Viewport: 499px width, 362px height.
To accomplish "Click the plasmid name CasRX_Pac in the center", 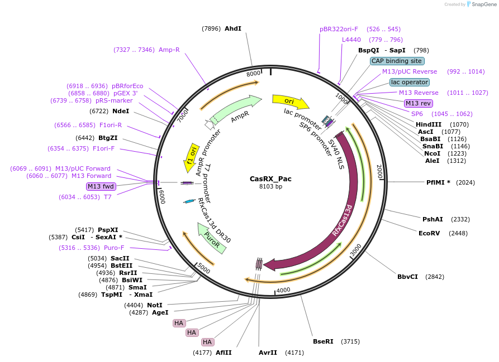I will pos(270,179).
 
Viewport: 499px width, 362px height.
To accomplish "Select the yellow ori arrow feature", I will pos(290,102).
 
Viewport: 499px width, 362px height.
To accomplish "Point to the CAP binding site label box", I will pos(397,61).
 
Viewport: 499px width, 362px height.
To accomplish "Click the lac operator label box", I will pos(410,82).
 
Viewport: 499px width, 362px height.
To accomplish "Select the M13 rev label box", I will pos(418,103).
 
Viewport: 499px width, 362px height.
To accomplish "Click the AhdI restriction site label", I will pos(232,28).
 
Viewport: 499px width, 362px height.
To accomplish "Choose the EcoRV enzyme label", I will pos(429,233).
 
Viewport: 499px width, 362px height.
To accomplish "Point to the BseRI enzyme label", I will pos(323,341).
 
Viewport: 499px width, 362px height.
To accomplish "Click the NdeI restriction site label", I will pos(121,111).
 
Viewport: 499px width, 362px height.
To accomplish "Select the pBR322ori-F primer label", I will pos(339,29).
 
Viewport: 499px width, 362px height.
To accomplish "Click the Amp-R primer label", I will pos(169,50).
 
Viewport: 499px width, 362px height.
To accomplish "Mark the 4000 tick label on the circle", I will pos(283,290).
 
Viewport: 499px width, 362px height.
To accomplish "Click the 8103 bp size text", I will pos(270,186).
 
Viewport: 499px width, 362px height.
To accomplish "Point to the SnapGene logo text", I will pos(484,4).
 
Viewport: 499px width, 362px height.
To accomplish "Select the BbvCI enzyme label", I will pos(407,277).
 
